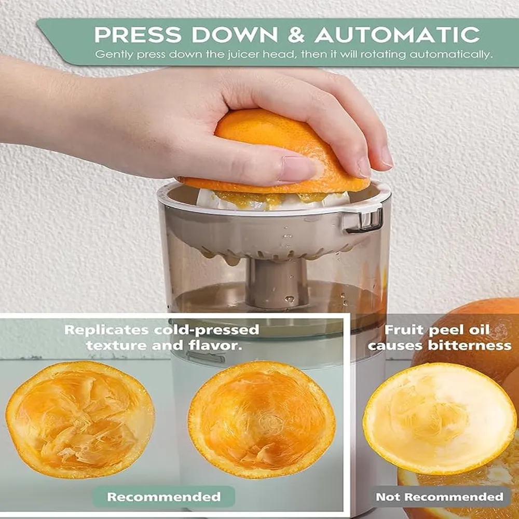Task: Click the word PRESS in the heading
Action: pos(138,34)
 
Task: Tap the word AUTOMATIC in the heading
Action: pos(398,34)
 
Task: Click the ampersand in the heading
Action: pos(296,34)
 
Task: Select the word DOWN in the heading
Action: pos(235,34)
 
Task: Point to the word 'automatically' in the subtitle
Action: pos(451,54)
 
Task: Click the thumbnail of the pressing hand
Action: pos(296,169)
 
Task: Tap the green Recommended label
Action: pos(164,497)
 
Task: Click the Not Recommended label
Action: pos(440,497)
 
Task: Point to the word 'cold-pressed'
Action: pos(207,330)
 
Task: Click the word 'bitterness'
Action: pos(470,346)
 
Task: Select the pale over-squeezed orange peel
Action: pos(440,419)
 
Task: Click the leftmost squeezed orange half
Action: pos(80,419)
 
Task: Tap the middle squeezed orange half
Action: pos(262,419)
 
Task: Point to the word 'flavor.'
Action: pos(215,346)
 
